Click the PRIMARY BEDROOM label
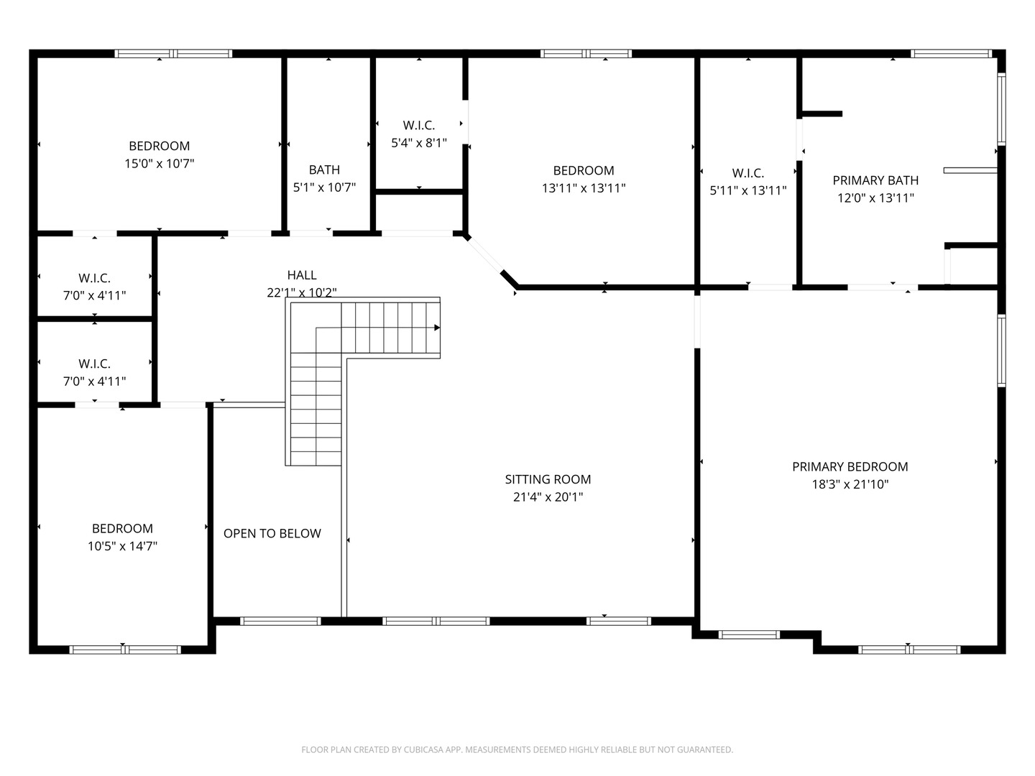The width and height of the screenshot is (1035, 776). pyautogui.click(x=850, y=466)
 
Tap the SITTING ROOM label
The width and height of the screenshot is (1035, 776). pyautogui.click(x=548, y=479)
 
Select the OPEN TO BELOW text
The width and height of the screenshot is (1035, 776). pyautogui.click(x=272, y=533)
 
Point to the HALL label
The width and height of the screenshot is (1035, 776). pyautogui.click(x=302, y=274)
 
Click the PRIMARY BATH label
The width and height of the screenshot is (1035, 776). pyautogui.click(x=875, y=180)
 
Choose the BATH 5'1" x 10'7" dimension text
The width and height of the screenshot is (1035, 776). pyautogui.click(x=324, y=188)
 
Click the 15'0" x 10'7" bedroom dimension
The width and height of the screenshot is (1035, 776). pyautogui.click(x=160, y=164)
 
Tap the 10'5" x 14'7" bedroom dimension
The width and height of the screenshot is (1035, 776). pyautogui.click(x=123, y=546)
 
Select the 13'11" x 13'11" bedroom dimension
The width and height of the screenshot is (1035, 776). pyautogui.click(x=584, y=188)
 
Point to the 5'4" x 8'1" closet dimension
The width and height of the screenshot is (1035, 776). pyautogui.click(x=419, y=143)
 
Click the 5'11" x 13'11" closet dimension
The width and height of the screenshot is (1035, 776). pyautogui.click(x=748, y=190)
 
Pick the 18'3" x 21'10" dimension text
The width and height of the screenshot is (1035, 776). pyautogui.click(x=850, y=484)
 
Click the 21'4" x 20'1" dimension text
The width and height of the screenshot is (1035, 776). pyautogui.click(x=548, y=497)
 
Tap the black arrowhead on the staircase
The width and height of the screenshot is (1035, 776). pyautogui.click(x=437, y=328)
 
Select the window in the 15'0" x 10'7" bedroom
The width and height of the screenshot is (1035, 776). pyautogui.click(x=173, y=54)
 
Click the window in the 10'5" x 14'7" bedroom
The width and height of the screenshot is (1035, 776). pyautogui.click(x=125, y=650)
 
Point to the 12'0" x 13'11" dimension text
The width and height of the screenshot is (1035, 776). pyautogui.click(x=875, y=198)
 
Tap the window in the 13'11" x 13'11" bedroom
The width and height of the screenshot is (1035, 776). pyautogui.click(x=586, y=54)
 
